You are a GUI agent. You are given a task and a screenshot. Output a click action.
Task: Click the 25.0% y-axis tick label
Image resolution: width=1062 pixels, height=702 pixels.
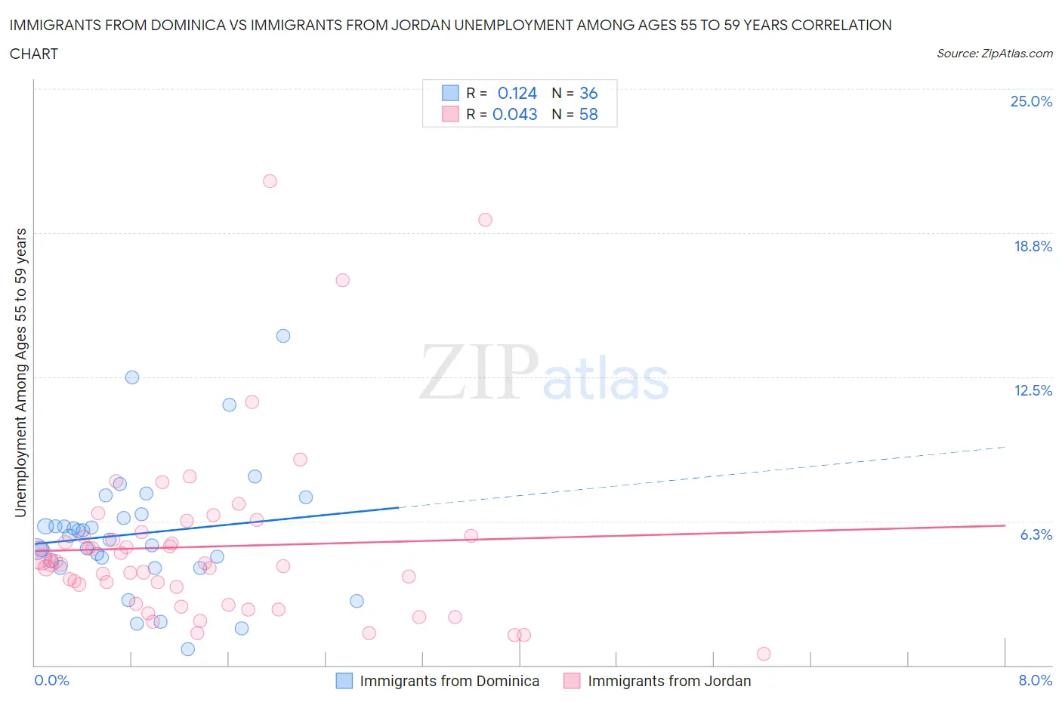coord(1031,101)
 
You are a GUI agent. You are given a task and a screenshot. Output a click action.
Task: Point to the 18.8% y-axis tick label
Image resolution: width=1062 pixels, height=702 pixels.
coord(1033,246)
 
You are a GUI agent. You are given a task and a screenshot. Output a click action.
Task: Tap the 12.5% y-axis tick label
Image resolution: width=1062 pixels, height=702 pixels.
coord(1033,390)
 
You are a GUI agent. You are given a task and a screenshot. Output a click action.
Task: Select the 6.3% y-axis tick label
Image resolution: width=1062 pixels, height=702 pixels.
coord(1036,534)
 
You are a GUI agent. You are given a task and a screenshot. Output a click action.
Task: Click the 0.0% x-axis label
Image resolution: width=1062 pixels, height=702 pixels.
coord(51,680)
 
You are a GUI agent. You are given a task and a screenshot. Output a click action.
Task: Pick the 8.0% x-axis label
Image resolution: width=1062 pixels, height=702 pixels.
coord(1035,680)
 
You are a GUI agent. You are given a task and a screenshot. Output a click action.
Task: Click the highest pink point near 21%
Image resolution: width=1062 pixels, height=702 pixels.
coord(270,181)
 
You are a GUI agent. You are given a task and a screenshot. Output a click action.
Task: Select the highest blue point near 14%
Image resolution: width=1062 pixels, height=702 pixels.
coord(283,336)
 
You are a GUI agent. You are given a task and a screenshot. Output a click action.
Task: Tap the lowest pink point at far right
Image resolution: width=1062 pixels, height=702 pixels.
coord(764,654)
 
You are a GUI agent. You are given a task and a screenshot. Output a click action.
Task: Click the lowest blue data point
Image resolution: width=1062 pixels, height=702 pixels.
coord(188,649)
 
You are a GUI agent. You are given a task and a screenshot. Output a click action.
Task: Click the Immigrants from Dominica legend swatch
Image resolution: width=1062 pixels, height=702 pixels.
coord(344,681)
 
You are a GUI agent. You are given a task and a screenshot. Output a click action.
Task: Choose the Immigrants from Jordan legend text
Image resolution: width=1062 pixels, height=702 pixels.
coord(669,681)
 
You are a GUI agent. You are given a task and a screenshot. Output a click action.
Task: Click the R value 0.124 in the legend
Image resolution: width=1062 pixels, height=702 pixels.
coord(517,93)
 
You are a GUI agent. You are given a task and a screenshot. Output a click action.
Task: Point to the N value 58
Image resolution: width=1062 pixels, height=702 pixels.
coord(588,114)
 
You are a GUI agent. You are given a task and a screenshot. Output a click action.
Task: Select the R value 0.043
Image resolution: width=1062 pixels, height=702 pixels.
coord(514,114)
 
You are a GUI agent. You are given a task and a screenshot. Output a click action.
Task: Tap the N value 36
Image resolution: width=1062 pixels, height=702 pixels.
coord(588,93)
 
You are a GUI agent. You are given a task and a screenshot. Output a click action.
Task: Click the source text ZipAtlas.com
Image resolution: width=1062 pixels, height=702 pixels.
coord(994,53)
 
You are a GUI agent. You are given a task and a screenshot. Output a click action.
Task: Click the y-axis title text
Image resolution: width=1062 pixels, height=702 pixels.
coord(20,373)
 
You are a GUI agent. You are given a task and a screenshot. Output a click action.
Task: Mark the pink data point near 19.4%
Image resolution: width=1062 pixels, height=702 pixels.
coord(485,220)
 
